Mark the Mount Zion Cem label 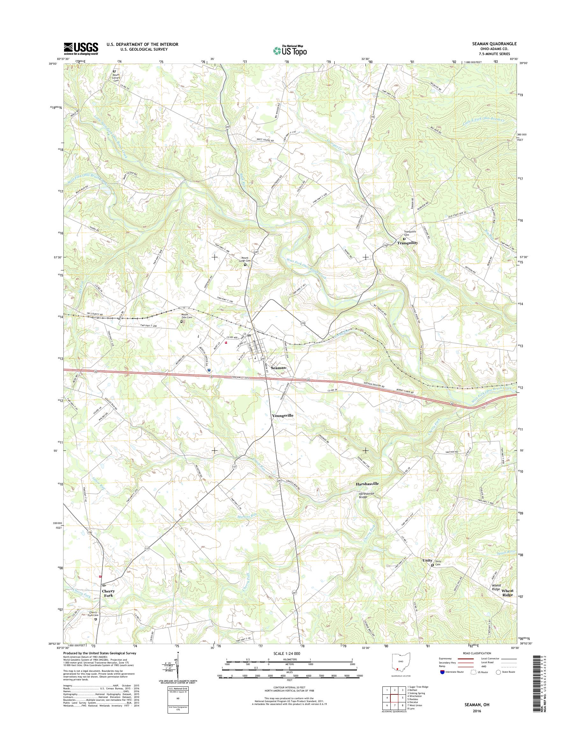click(x=186, y=316)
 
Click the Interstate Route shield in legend click(x=442, y=681)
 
